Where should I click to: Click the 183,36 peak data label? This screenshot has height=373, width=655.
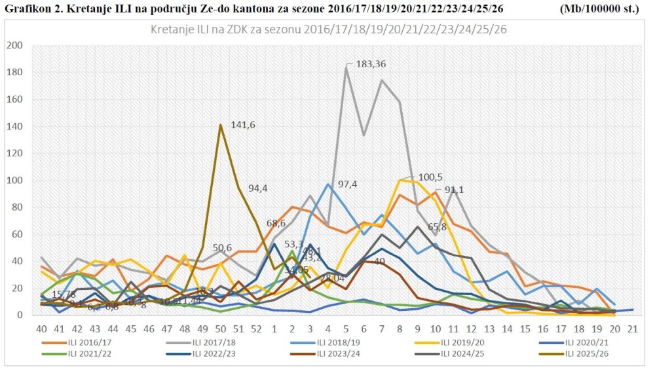point(371,64)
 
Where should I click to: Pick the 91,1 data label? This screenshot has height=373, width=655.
point(458,190)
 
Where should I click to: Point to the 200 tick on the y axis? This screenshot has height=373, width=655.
point(14,46)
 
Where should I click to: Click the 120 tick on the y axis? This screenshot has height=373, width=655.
point(14,153)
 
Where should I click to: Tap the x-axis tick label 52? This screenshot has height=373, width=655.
point(256,328)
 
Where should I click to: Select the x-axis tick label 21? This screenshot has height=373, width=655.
point(631,328)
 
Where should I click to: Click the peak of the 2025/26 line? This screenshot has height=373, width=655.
point(221,125)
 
